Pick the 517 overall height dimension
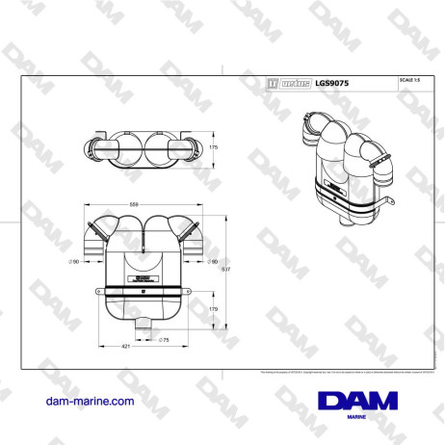point(224,270)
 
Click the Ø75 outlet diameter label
point(163,340)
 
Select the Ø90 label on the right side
point(212,261)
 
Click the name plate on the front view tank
point(144,278)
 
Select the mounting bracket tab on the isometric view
point(389,201)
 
